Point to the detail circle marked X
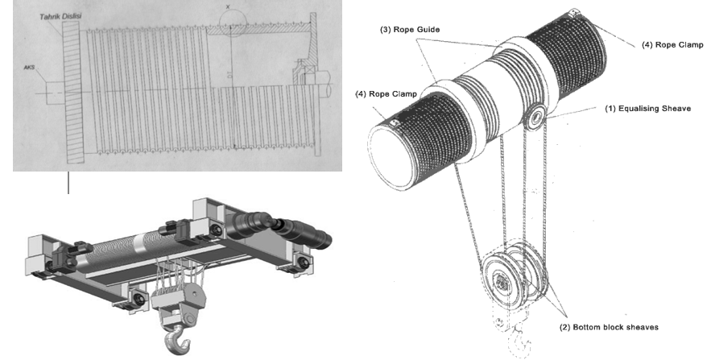229,25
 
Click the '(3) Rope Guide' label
407,28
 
